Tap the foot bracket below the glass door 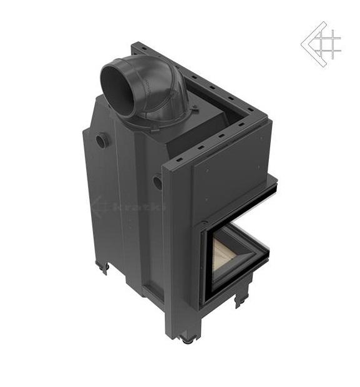[242, 300]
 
